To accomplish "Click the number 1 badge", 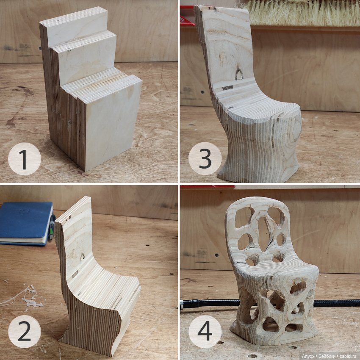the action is pyautogui.click(x=25, y=159).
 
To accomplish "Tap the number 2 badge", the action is pyautogui.click(x=25, y=331).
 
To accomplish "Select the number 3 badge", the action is pyautogui.click(x=205, y=158).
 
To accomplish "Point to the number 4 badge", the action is pyautogui.click(x=205, y=331).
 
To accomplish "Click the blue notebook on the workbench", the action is pyautogui.click(x=26, y=223).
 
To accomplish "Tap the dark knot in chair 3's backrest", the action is pyautogui.click(x=239, y=74).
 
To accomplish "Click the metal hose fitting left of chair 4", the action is pyautogui.click(x=184, y=304).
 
